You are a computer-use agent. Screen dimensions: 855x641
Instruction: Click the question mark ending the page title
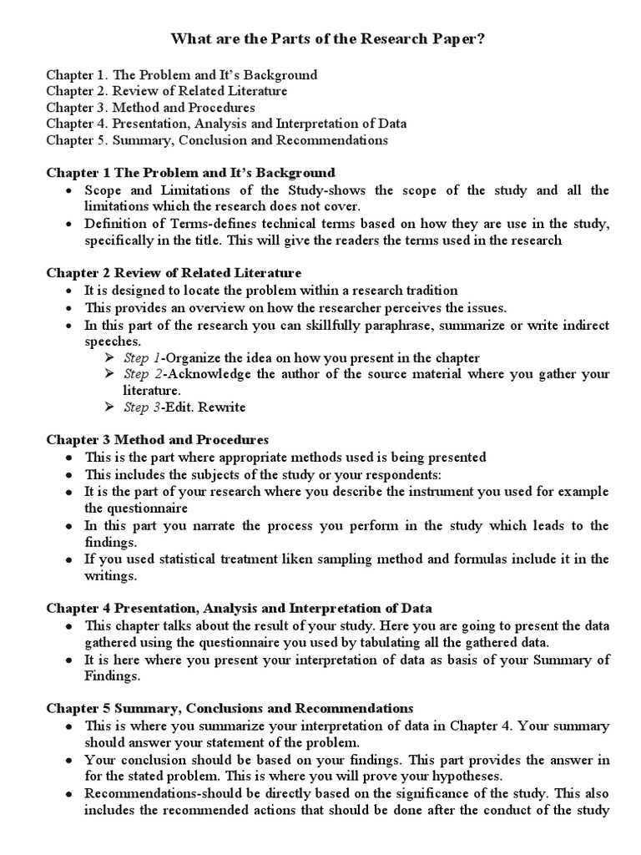470,39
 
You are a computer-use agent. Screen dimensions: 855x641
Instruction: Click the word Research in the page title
371,39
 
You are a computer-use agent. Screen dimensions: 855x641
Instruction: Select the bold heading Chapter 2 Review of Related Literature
174,273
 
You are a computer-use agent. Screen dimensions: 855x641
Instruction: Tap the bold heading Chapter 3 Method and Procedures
157,439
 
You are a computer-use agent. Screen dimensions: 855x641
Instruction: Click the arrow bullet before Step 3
109,407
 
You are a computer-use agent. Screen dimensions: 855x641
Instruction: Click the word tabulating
415,642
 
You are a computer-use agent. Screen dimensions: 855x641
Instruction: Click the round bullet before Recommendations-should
68,793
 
